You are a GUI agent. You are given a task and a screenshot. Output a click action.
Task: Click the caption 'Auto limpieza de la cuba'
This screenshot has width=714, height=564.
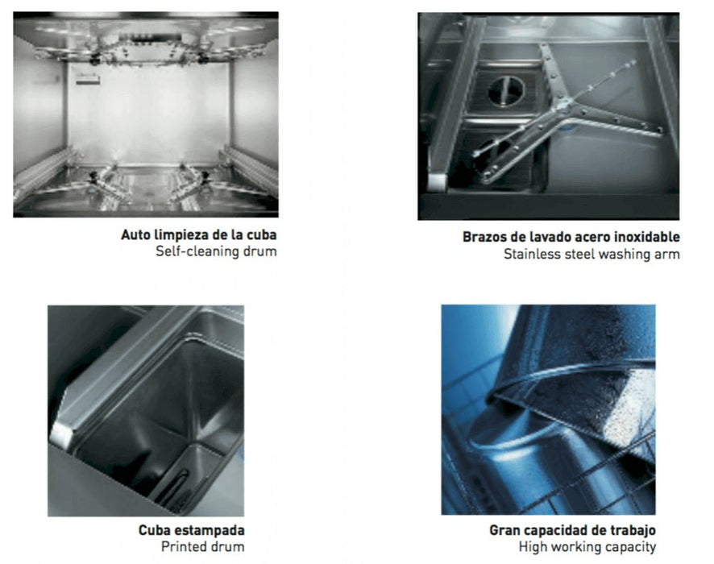199,236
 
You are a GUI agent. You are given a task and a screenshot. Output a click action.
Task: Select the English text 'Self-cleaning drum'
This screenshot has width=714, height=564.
216,252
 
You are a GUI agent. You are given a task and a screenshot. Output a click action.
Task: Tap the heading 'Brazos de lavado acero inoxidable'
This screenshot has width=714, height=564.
571,238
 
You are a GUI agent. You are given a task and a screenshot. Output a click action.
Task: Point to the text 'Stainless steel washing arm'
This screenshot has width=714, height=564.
592,255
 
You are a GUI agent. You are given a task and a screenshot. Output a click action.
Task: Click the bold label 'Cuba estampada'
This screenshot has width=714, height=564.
192,531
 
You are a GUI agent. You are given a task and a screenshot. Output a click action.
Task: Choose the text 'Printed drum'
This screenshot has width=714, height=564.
204,547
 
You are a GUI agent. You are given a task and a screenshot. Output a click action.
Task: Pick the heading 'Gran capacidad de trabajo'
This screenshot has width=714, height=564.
572,531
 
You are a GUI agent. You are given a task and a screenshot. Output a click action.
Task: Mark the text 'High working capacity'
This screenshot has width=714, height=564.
587,547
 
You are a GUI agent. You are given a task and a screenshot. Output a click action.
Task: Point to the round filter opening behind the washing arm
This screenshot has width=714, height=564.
505,89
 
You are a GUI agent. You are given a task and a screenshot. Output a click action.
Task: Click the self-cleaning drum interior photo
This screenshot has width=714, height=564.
146,114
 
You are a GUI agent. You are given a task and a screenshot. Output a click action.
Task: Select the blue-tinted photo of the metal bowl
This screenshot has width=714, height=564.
548,409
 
